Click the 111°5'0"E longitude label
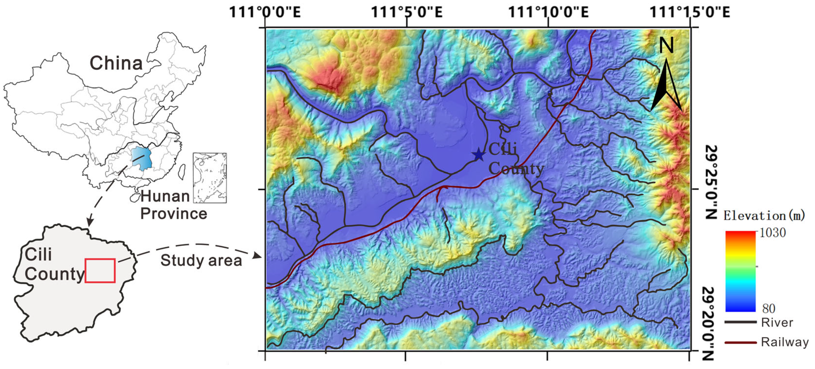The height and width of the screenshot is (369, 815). [x=406, y=13]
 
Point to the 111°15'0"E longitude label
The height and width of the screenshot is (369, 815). [x=690, y=13]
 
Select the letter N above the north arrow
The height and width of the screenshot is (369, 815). [x=666, y=46]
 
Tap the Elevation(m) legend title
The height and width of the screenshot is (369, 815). [x=764, y=216]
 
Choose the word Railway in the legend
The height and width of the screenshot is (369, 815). [x=784, y=342]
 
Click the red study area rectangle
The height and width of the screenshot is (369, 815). [x=100, y=270]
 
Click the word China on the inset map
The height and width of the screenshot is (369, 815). [x=116, y=63]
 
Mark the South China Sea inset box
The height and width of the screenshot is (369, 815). [x=210, y=178]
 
